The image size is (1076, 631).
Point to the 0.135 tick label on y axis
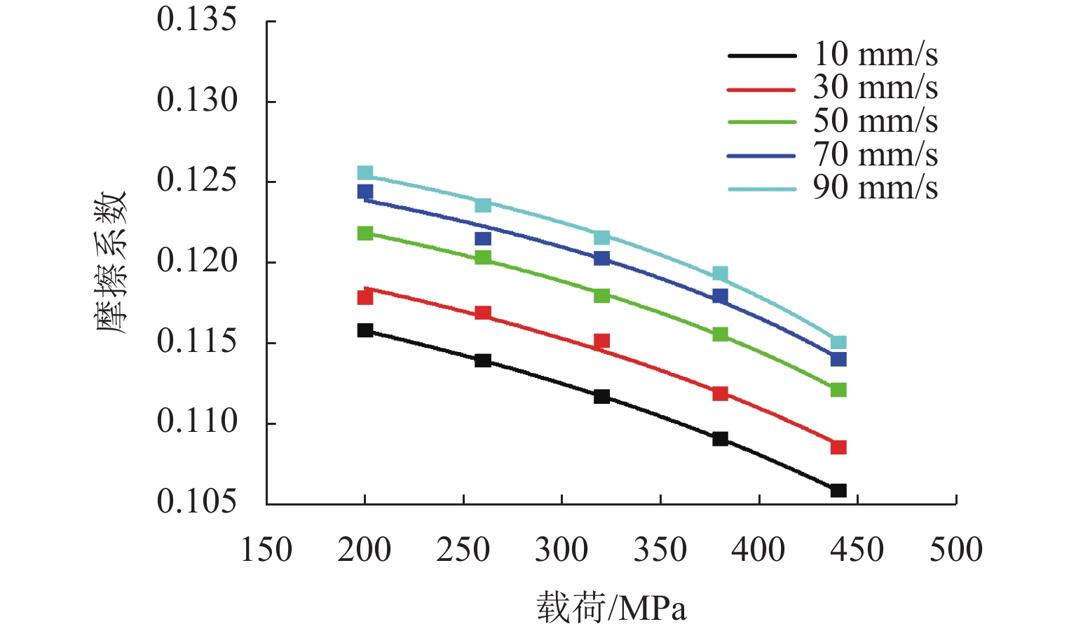click(x=197, y=20)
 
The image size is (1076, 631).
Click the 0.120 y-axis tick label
click(x=197, y=262)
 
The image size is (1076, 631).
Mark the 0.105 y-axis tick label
click(x=197, y=502)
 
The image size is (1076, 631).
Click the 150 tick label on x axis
click(x=266, y=550)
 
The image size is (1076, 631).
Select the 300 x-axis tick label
click(x=561, y=550)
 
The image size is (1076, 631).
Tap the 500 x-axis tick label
click(x=956, y=550)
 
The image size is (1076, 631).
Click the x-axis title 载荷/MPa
click(x=611, y=607)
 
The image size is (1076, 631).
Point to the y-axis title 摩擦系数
click(x=111, y=262)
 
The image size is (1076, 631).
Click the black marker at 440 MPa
click(x=838, y=490)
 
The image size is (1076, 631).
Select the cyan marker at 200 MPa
click(x=365, y=173)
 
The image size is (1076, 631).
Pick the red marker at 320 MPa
click(x=601, y=341)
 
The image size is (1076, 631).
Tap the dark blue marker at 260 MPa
click(x=483, y=238)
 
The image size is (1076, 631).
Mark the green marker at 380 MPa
click(x=720, y=334)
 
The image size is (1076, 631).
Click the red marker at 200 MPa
click(x=365, y=297)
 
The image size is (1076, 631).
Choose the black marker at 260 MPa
click(x=483, y=360)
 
